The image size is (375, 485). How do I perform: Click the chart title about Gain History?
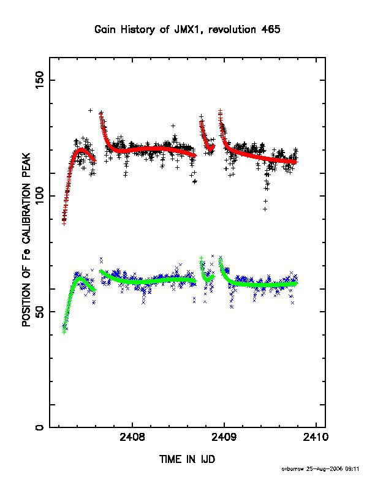(187, 29)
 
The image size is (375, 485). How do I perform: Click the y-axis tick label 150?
(40, 80)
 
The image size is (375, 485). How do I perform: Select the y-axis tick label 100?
(40, 196)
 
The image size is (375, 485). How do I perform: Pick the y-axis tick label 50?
(40, 312)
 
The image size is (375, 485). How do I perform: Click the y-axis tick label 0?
(40, 427)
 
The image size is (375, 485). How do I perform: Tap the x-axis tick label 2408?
(132, 437)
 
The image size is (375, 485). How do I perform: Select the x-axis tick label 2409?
(224, 437)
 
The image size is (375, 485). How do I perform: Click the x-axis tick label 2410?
(316, 437)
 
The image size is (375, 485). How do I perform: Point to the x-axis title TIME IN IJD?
(187, 459)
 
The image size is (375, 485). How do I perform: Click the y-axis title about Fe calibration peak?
(26, 239)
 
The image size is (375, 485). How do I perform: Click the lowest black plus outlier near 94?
(265, 209)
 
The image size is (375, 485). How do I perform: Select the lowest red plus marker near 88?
(64, 224)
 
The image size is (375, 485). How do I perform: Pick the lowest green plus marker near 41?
(64, 332)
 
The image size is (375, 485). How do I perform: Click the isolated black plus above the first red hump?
(90, 110)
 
